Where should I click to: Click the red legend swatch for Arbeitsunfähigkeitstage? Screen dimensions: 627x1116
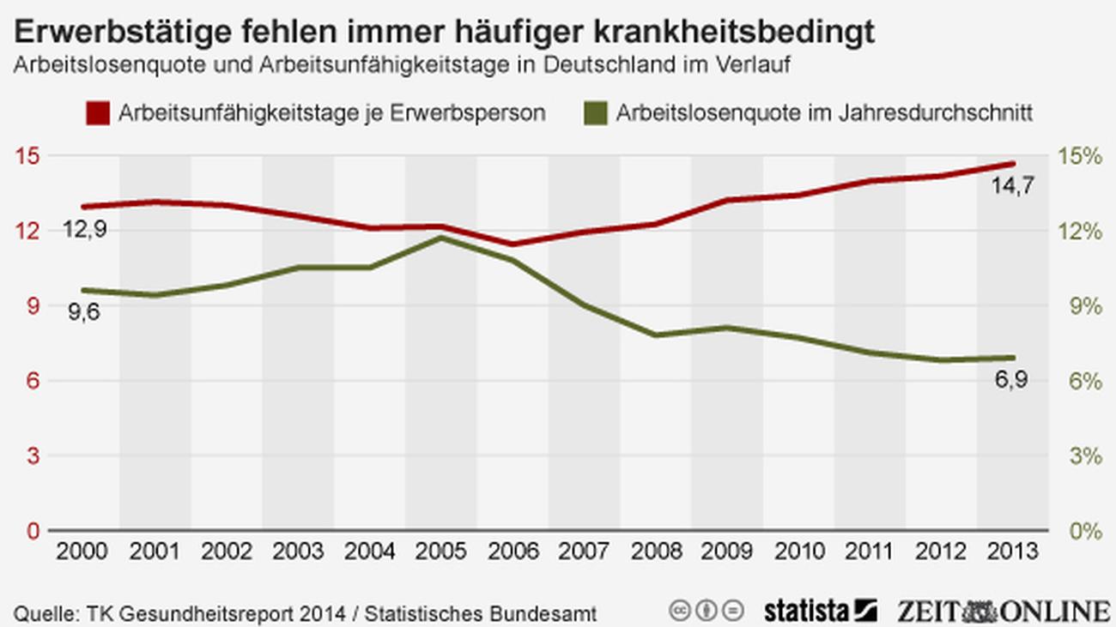(x=99, y=113)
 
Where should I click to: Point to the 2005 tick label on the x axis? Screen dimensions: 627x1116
(x=441, y=551)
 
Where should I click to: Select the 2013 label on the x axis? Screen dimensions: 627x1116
(x=1013, y=551)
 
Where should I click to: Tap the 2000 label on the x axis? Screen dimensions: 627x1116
(x=83, y=551)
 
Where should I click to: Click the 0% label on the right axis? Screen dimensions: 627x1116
(x=1083, y=531)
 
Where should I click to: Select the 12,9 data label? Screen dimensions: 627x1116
(x=85, y=230)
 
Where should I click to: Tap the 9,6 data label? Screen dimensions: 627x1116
(x=84, y=312)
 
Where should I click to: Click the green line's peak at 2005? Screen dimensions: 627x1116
(x=441, y=238)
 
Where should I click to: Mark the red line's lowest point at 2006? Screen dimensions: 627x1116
(x=513, y=244)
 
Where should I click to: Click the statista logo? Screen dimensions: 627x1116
(x=820, y=611)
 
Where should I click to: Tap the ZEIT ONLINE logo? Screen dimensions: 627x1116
(x=1003, y=611)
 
